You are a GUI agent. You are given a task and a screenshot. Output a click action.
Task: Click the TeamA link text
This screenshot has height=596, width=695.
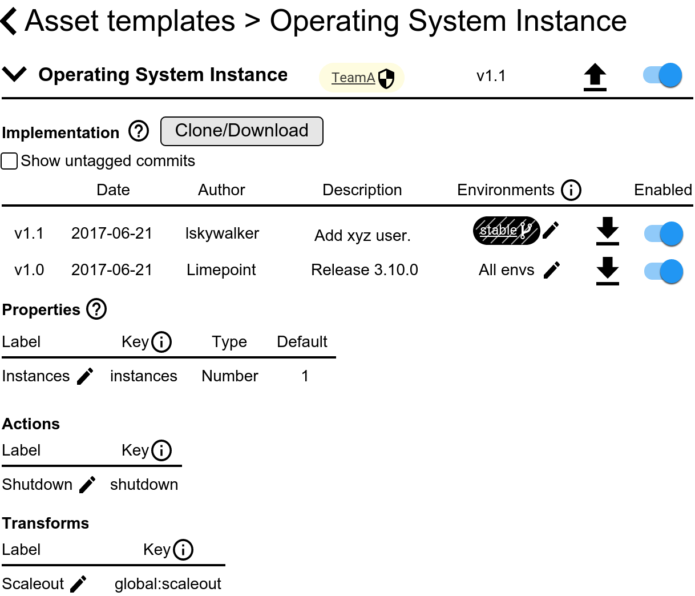pyautogui.click(x=353, y=78)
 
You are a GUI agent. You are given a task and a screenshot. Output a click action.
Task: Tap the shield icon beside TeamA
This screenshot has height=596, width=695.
pyautogui.click(x=386, y=78)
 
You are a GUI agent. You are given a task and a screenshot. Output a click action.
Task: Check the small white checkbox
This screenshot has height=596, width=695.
pyautogui.click(x=9, y=161)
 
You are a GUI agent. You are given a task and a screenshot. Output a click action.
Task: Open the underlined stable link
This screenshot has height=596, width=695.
pyautogui.click(x=498, y=230)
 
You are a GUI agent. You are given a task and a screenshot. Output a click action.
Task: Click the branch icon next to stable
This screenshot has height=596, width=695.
pyautogui.click(x=525, y=231)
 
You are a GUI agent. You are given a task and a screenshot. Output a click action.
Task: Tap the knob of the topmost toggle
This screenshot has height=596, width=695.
pyautogui.click(x=670, y=75)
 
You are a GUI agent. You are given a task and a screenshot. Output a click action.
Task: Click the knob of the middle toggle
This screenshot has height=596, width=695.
pyautogui.click(x=671, y=233)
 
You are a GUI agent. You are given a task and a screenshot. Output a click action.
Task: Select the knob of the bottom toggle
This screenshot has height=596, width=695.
pyautogui.click(x=671, y=271)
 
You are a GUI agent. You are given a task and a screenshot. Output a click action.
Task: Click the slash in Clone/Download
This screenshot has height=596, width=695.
pyautogui.click(x=225, y=131)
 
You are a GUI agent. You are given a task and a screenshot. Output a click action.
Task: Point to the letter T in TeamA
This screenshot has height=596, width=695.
pyautogui.click(x=336, y=78)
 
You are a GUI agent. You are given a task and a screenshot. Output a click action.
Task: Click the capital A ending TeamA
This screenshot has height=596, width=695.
pyautogui.click(x=371, y=78)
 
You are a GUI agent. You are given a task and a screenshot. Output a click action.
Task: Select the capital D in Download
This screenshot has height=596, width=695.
pyautogui.click(x=234, y=131)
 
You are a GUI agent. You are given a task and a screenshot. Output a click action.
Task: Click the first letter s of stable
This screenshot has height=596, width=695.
pyautogui.click(x=483, y=231)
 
